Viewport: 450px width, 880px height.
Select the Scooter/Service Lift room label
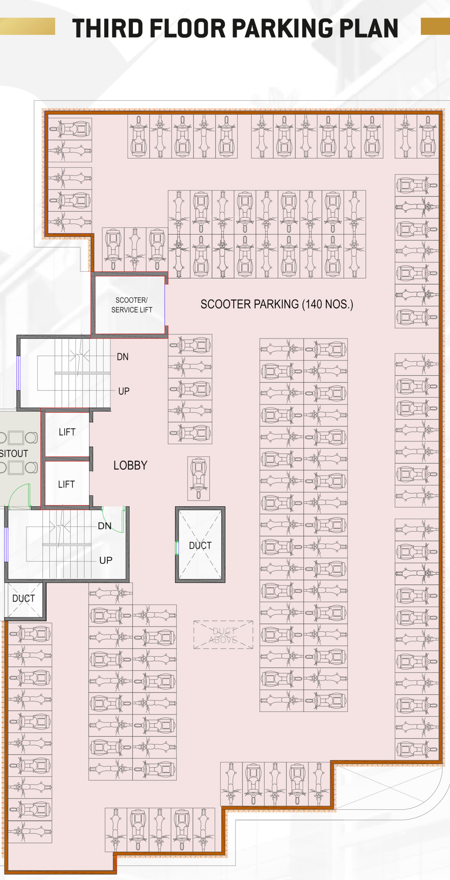pos(132,305)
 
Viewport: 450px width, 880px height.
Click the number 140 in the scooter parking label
pos(314,304)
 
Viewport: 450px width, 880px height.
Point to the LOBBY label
pos(130,465)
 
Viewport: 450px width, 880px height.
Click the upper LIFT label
pos(67,432)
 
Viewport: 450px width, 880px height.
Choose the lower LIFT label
pos(66,484)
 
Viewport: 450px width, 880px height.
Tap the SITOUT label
pos(14,454)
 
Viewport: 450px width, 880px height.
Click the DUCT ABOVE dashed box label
pos(223,635)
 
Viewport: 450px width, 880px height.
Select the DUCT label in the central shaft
pos(200,545)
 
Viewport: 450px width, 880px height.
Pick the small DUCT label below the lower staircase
pos(24,598)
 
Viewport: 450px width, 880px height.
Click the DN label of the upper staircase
pos(123,357)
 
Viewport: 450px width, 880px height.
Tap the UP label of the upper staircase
pos(124,391)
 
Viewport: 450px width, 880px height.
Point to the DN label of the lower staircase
pos(105,526)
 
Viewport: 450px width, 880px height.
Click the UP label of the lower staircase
pos(105,560)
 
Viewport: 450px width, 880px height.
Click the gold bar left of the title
pos(27,26)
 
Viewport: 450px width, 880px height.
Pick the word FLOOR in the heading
pos(188,28)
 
